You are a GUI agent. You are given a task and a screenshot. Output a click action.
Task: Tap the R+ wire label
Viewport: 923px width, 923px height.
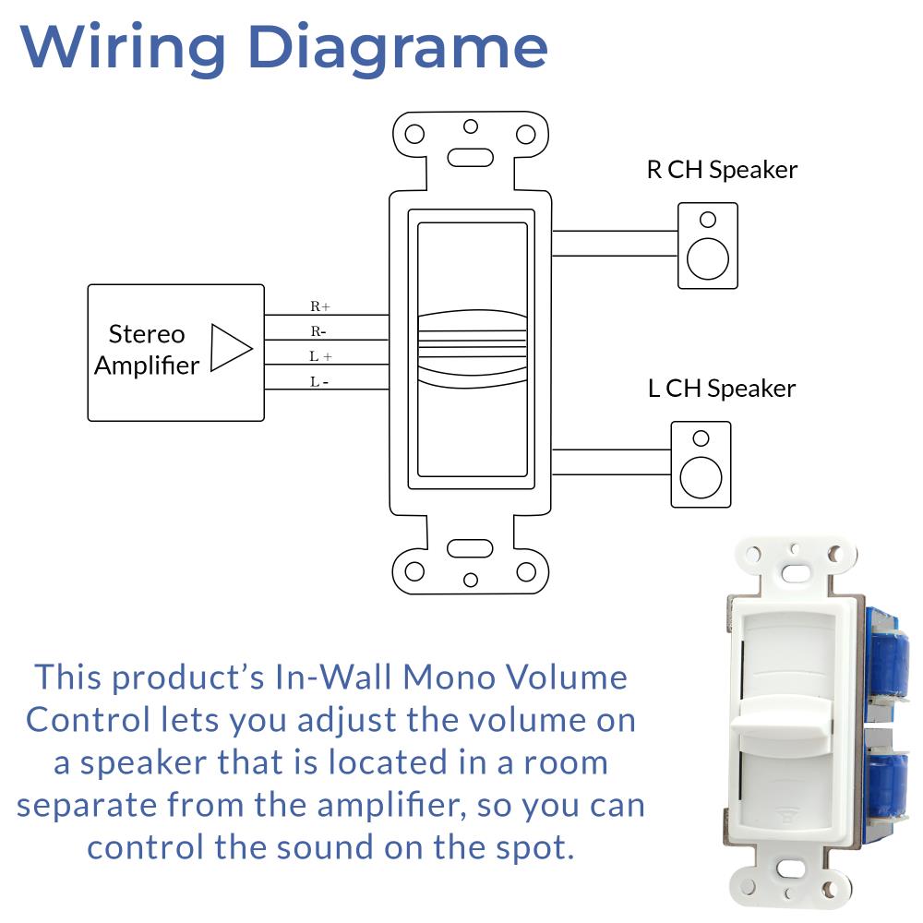(x=320, y=306)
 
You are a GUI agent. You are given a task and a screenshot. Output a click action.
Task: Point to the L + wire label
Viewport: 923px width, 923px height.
(x=320, y=355)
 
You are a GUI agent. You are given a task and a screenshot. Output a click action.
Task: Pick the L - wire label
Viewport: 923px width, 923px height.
(x=318, y=380)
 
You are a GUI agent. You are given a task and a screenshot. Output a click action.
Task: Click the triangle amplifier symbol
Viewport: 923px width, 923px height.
(x=230, y=348)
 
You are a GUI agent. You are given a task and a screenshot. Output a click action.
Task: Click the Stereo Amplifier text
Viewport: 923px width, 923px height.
(x=147, y=350)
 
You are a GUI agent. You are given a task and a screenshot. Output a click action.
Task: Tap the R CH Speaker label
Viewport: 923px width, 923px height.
(x=722, y=170)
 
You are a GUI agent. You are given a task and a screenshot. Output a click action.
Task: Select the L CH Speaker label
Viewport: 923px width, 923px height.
(x=722, y=389)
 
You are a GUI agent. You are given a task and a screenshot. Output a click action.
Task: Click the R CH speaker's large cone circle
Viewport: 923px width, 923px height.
(x=708, y=258)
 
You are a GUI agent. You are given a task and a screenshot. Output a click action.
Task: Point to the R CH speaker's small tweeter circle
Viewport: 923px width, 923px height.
(x=708, y=220)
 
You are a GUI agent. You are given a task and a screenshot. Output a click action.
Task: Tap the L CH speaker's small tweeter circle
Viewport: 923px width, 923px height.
(x=701, y=438)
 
